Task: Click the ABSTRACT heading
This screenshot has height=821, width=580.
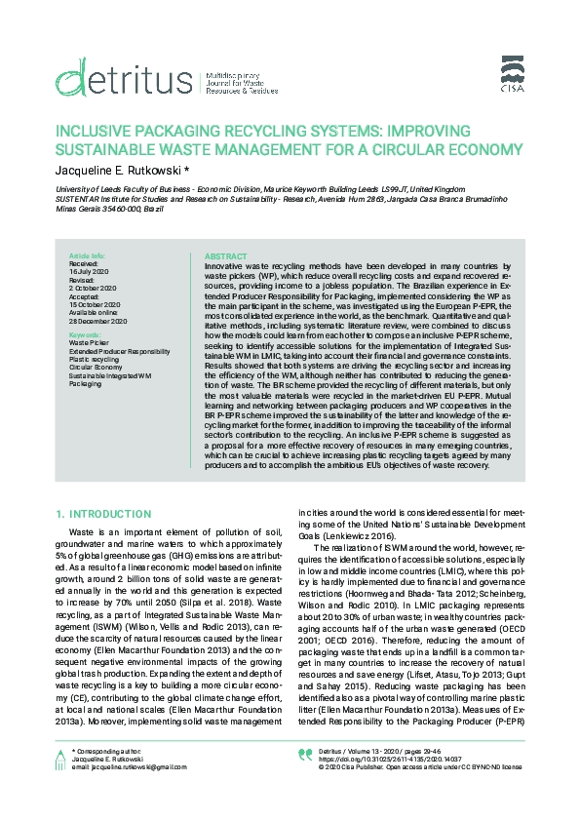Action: (x=225, y=255)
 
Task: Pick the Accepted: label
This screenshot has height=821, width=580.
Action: (x=85, y=296)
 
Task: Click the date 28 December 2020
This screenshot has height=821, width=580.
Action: (x=97, y=321)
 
